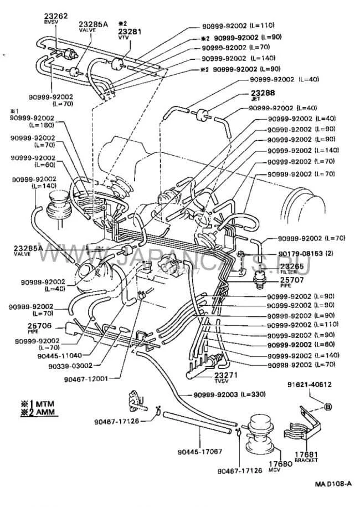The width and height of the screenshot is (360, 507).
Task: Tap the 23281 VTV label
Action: [131, 32]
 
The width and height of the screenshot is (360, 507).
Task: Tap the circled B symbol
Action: [327, 407]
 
